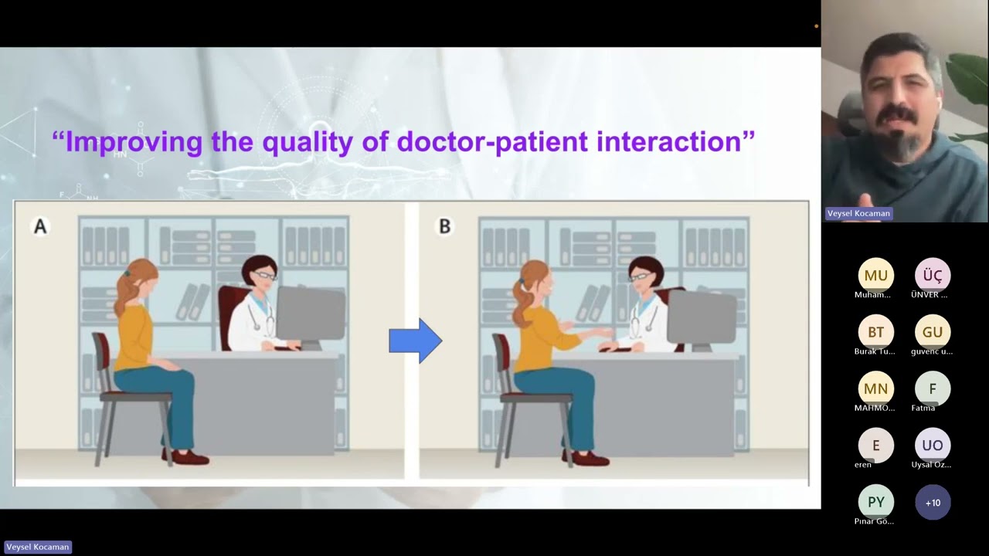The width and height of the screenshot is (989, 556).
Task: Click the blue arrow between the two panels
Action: pos(416,341)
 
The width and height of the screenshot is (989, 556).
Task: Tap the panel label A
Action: pos(40,226)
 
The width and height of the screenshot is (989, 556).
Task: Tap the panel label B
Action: pos(444,226)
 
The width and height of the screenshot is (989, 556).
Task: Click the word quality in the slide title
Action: pos(308,143)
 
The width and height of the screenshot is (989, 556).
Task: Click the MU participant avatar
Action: pos(875,276)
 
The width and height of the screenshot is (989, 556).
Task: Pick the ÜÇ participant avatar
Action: pos(933,276)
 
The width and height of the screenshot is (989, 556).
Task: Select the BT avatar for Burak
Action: pos(875,332)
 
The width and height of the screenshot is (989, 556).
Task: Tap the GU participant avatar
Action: pos(933,332)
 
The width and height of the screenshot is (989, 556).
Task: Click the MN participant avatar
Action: pos(875,388)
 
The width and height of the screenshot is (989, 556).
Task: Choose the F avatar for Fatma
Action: pos(933,388)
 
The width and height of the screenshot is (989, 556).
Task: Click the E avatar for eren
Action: pos(875,446)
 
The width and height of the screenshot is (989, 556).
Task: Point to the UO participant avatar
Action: pos(933,446)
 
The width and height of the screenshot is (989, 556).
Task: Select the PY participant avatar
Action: pos(875,502)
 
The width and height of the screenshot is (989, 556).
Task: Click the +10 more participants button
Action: pos(933,502)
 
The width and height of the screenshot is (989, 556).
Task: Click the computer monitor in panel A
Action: pos(311,317)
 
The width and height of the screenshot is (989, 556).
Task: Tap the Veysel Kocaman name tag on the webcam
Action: pos(858,214)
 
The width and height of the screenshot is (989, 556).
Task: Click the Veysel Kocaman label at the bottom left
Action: pos(38,548)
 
